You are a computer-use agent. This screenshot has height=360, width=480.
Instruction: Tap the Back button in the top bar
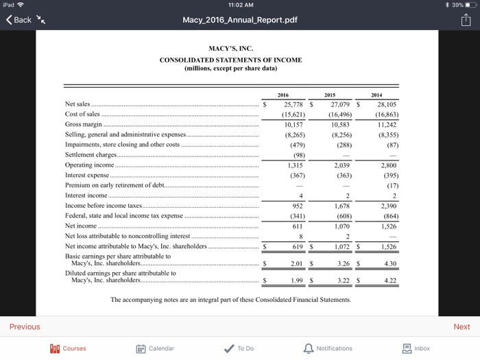point(19,19)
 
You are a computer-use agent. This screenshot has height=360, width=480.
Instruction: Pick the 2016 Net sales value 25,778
point(294,105)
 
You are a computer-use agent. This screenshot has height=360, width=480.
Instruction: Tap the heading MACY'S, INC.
point(230,49)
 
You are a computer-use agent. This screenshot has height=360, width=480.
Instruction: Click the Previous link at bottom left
point(25,326)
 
